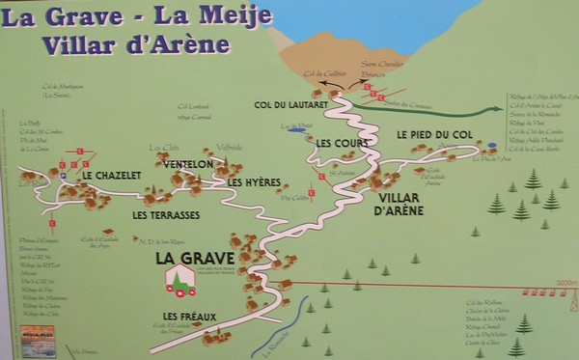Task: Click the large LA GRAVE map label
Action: pos(187,259)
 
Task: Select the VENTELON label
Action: pos(188,165)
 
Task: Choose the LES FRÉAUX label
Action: pos(189,316)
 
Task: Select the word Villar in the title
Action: pos(58,44)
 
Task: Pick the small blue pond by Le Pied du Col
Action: pos(492,146)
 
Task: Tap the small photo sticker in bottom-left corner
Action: pos(35,342)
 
